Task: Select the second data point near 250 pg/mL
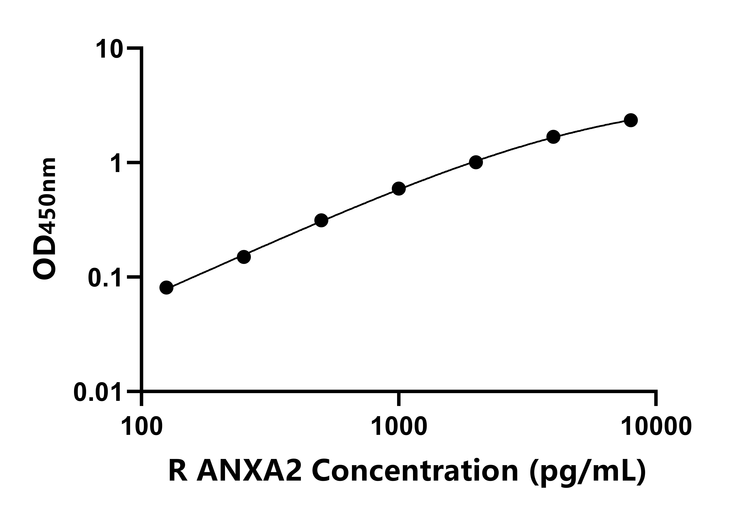click(244, 257)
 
